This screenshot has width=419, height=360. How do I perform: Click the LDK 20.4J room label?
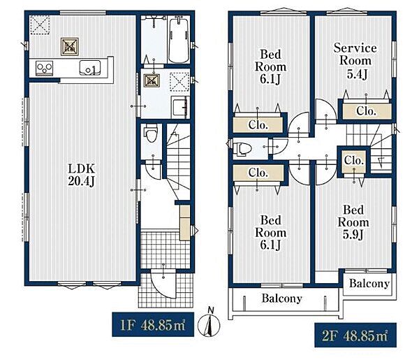82,175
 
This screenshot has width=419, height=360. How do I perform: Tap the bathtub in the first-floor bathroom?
179,39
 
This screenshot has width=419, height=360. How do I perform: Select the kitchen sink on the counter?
90,68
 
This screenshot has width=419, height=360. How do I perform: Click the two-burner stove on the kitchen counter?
45,69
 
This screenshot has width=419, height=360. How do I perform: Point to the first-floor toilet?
151,134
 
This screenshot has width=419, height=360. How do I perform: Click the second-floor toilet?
242,149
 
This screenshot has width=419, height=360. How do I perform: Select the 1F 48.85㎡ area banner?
153,324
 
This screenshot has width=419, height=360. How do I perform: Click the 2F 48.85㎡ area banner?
355,335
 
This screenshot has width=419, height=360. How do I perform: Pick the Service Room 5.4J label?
355,61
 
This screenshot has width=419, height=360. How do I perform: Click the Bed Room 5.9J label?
353,222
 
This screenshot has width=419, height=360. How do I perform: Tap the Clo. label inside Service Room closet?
366,111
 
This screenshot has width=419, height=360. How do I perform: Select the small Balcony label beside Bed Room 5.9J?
369,284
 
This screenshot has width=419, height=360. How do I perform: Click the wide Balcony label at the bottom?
282,298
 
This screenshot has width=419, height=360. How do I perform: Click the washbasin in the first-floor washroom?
180,107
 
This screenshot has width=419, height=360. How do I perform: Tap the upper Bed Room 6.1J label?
270,66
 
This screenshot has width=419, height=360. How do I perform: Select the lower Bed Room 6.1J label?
270,232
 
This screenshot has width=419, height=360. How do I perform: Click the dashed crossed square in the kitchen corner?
40,24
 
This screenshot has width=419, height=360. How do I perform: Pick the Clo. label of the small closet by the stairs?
354,161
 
